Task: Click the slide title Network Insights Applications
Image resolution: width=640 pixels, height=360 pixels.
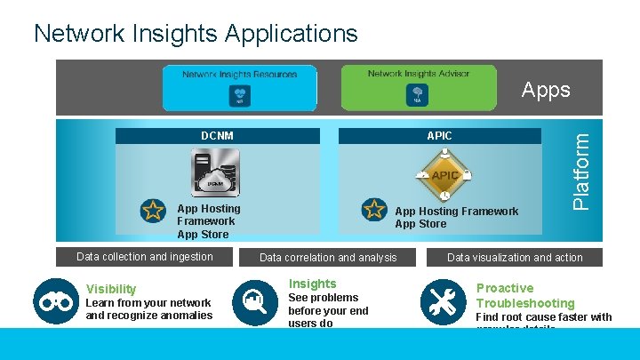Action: [x=196, y=34]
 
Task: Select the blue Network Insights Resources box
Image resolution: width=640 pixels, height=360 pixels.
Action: [x=239, y=86]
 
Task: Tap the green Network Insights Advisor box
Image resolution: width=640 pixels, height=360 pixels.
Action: [x=418, y=86]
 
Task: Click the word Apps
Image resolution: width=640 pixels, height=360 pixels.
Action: [x=545, y=90]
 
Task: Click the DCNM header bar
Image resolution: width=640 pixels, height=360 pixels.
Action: [x=217, y=136]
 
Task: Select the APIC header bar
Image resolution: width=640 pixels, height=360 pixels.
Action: [x=439, y=136]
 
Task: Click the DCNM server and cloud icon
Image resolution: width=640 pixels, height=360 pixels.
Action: [x=214, y=174]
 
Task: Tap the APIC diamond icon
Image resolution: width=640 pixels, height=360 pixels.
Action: [x=444, y=175]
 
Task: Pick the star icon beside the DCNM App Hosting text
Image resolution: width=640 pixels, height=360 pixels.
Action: [x=153, y=210]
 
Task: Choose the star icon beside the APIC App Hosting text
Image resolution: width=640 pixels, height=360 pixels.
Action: [x=373, y=210]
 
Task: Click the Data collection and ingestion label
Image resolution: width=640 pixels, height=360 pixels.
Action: [x=145, y=257]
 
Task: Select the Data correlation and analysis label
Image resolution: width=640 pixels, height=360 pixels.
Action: [x=328, y=258]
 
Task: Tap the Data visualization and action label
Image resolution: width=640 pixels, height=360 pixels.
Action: [x=515, y=258]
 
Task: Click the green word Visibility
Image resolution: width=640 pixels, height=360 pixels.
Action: [x=111, y=289]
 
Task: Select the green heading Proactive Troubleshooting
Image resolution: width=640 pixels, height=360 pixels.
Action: [x=524, y=295]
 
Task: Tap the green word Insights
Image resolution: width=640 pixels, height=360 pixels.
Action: [x=312, y=284]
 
